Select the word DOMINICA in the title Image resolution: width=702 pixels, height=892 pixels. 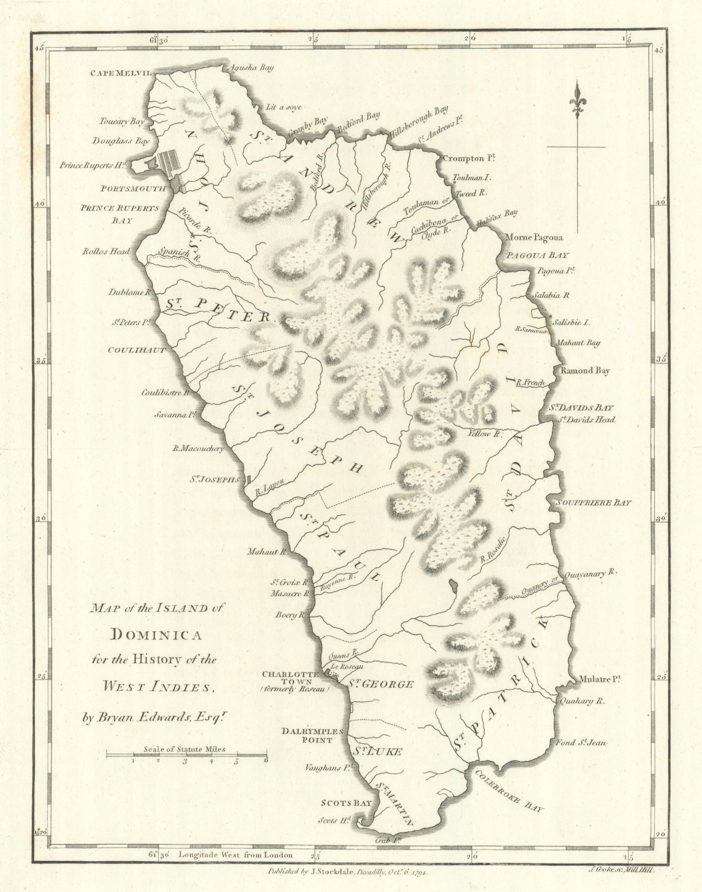click(x=154, y=634)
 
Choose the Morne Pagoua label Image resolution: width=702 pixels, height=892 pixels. click(x=534, y=237)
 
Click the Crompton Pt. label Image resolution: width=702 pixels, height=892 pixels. click(x=469, y=159)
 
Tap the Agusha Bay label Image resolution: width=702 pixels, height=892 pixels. click(x=249, y=68)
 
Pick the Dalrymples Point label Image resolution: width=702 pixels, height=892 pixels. click(x=307, y=735)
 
